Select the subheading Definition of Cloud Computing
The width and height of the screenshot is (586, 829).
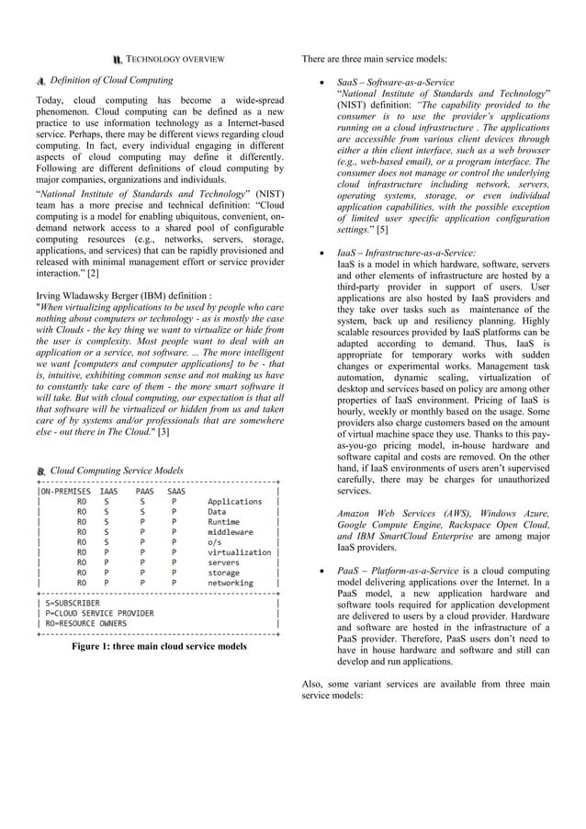coord(111,81)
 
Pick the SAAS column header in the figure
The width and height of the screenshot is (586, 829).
coord(175,491)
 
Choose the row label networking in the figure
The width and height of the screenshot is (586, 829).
coord(231,583)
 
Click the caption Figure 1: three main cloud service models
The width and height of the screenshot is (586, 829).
coord(159,646)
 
